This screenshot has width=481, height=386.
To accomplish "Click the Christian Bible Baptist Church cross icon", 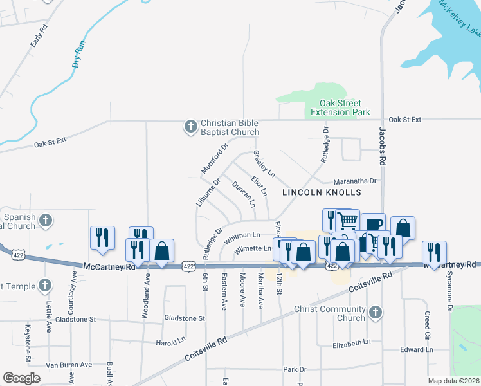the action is (x=190, y=127).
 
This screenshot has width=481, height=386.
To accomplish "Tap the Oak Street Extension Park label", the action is (x=340, y=107).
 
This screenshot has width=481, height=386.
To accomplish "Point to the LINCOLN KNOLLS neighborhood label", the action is (x=322, y=192).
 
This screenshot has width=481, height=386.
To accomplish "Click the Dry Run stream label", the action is (x=78, y=55).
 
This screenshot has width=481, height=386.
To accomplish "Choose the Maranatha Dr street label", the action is (x=354, y=181).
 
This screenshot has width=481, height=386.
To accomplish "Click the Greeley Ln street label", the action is (x=264, y=164).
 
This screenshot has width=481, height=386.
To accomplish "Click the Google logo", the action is (x=21, y=378).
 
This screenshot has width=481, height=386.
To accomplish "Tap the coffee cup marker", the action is (x=373, y=225).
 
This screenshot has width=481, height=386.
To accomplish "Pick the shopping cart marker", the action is (x=347, y=221).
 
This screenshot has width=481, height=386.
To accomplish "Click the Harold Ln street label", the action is (x=170, y=342).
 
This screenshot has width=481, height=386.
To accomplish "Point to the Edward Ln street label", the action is (x=416, y=349).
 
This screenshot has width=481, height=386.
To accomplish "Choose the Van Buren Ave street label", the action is (x=69, y=365).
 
